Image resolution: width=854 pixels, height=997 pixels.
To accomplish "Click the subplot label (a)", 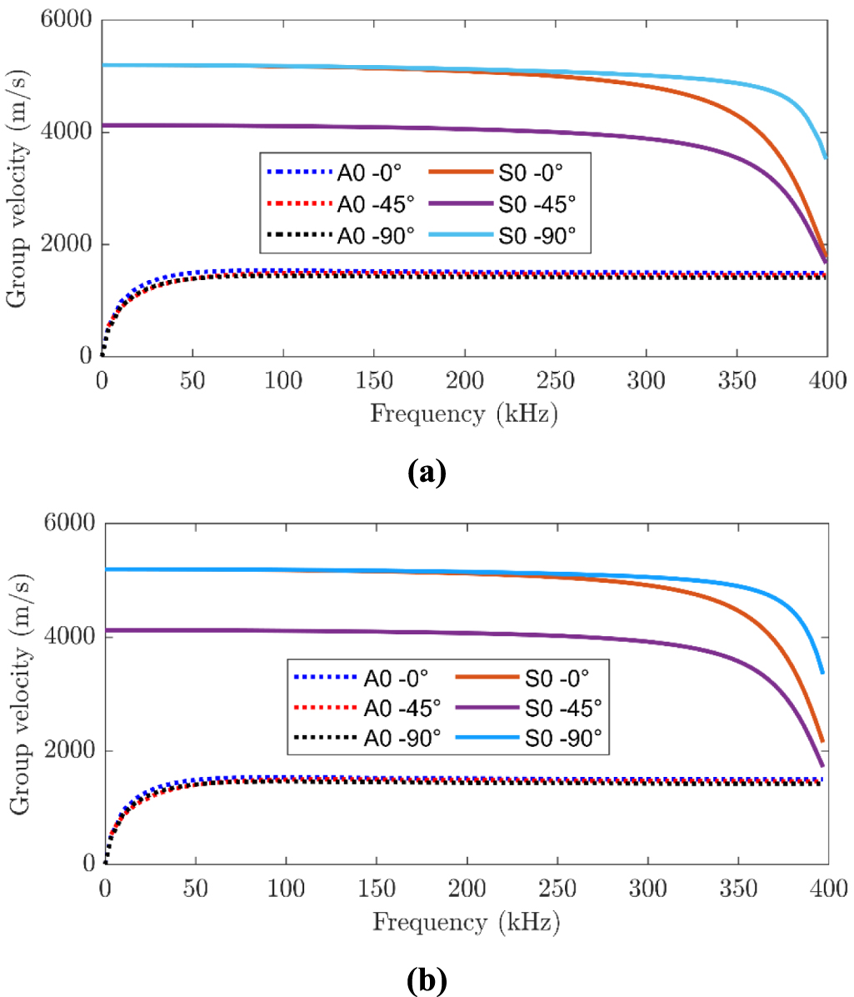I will [x=427, y=473].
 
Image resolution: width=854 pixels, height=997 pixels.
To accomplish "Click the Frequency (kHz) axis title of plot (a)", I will [x=463, y=413].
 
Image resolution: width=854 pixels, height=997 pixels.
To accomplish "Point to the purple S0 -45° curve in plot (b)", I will [x=417, y=632].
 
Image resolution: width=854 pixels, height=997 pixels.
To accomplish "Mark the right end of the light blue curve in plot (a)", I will [x=826, y=156].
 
